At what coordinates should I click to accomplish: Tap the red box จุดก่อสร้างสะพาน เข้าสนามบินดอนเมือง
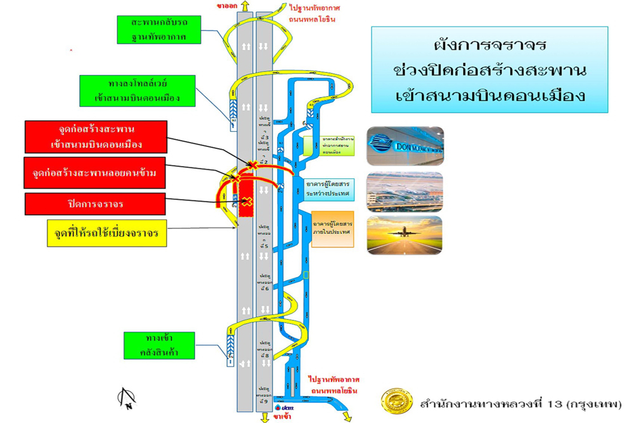click(97, 137)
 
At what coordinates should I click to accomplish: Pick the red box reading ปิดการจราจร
click(96, 204)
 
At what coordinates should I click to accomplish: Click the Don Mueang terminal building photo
click(404, 146)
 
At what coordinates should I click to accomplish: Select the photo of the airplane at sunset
click(404, 235)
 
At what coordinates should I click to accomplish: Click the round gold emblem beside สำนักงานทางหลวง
click(396, 402)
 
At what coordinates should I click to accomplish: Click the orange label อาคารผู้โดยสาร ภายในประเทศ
click(332, 228)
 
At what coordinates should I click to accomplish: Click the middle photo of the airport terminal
click(404, 192)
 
